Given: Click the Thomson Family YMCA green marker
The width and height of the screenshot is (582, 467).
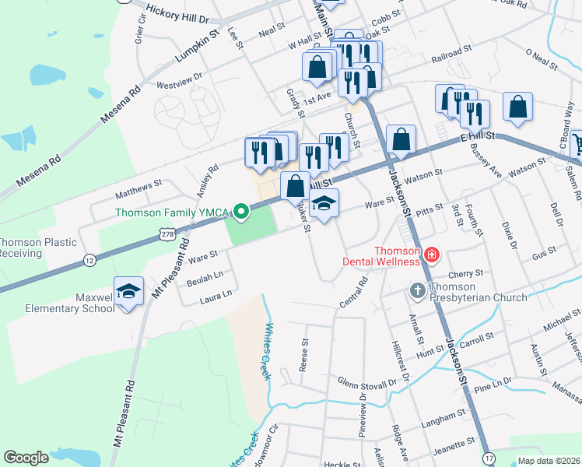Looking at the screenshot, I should pos(241,210).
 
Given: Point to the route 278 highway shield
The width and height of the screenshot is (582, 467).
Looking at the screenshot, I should pos(167,233).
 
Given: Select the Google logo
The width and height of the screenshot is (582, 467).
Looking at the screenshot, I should pos(26,458).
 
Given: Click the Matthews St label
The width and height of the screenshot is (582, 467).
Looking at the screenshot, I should pos(138,186).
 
